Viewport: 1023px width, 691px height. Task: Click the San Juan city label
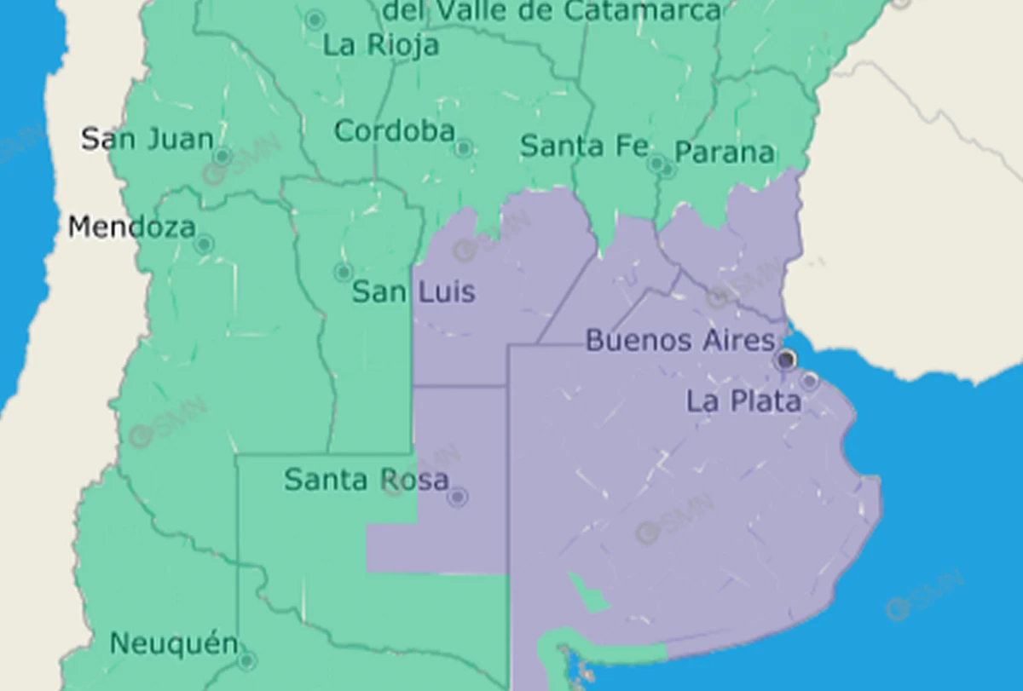pyautogui.click(x=147, y=138)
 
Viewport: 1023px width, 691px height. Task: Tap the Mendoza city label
pyautogui.click(x=131, y=227)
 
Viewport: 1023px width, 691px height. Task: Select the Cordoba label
pyautogui.click(x=394, y=131)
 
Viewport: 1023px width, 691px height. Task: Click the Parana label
pyautogui.click(x=724, y=153)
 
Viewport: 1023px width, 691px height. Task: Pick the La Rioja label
pyautogui.click(x=381, y=44)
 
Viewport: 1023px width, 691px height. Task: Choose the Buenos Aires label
pyautogui.click(x=679, y=341)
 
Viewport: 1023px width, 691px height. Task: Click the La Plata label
pyautogui.click(x=743, y=401)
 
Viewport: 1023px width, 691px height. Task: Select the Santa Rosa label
pyautogui.click(x=366, y=480)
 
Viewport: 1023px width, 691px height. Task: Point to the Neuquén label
pyautogui.click(x=174, y=643)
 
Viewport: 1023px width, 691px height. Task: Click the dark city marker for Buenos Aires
pyautogui.click(x=786, y=360)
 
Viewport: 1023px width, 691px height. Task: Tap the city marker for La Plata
pyautogui.click(x=809, y=381)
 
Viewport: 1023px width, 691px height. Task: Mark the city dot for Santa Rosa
pyautogui.click(x=458, y=497)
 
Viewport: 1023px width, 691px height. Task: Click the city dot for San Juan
pyautogui.click(x=223, y=156)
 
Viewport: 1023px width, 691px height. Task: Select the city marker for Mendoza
pyautogui.click(x=203, y=245)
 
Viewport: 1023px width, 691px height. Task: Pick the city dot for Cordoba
pyautogui.click(x=463, y=149)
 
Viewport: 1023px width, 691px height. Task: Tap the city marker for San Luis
pyautogui.click(x=343, y=273)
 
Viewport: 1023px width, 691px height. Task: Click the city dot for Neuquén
pyautogui.click(x=246, y=660)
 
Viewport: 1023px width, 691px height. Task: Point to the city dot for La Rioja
pyautogui.click(x=315, y=19)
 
